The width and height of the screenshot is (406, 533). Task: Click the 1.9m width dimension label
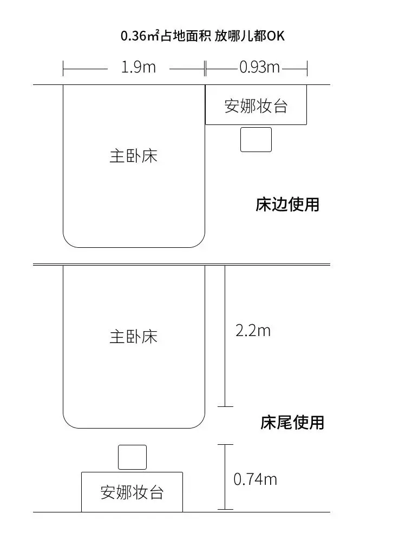click(x=139, y=68)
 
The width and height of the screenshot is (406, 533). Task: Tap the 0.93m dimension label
click(x=259, y=68)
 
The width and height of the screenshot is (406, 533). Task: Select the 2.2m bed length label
click(x=253, y=330)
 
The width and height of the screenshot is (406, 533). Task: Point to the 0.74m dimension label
click(x=255, y=479)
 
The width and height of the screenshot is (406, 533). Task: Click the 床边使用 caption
click(x=287, y=205)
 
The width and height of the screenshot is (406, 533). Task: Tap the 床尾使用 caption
click(x=292, y=422)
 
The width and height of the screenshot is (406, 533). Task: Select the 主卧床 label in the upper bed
click(x=134, y=156)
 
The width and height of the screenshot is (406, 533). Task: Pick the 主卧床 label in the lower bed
click(x=134, y=337)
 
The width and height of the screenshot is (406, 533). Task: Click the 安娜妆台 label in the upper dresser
click(x=256, y=106)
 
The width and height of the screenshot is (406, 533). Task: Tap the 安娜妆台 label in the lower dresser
click(x=132, y=492)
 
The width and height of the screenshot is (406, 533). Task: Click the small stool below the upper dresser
click(x=256, y=140)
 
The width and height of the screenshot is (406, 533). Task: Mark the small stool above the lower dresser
click(x=132, y=457)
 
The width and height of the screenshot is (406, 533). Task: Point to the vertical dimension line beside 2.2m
click(x=225, y=335)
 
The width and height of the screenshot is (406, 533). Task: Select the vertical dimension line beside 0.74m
click(x=225, y=476)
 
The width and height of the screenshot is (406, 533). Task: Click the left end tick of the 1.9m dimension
click(x=63, y=68)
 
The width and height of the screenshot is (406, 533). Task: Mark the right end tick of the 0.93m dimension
click(x=307, y=68)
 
